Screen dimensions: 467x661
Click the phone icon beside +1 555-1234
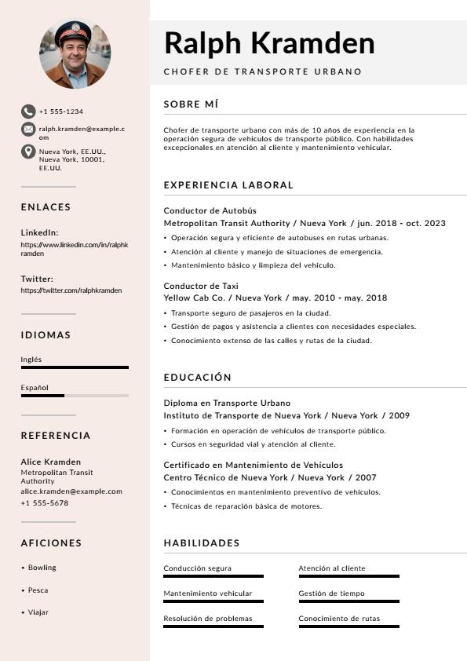tap(28, 111)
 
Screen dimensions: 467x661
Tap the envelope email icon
tap(28, 129)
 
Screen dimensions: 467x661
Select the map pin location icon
tap(28, 152)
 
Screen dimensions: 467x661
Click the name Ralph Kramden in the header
tap(269, 42)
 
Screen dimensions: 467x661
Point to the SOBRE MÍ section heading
tap(191, 104)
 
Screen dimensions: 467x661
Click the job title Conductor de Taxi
tap(201, 286)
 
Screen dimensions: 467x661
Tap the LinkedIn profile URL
tap(74, 249)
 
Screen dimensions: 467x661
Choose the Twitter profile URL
tap(71, 290)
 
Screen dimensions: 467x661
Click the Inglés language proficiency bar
tap(75, 367)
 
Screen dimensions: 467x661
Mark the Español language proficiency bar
tap(75, 396)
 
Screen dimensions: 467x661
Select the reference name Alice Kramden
tap(50, 462)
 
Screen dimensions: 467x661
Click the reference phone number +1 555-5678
tap(44, 503)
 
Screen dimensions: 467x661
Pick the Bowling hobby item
tap(42, 568)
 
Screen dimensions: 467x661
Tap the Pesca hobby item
tap(38, 590)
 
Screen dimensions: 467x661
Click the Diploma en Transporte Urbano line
tap(227, 403)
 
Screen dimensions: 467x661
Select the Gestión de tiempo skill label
tap(331, 593)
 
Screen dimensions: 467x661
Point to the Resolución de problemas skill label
tap(208, 619)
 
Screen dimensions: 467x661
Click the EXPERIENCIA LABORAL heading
tap(228, 185)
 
